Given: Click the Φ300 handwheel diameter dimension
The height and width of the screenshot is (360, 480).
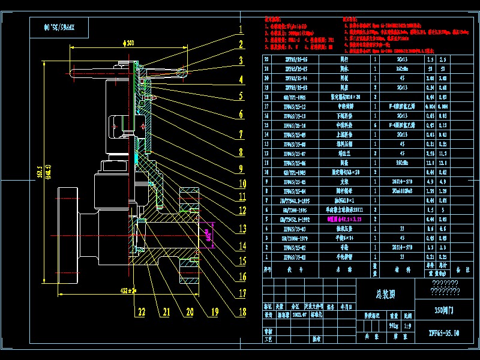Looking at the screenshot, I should pos(128,43).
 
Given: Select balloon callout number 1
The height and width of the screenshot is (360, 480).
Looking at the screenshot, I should pos(240,29).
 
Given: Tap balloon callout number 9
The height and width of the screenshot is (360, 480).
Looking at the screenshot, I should pos(241,169).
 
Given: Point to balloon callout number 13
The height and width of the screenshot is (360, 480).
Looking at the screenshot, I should pos(241,229).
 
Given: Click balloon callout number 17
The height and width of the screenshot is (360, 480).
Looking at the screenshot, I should pos(242,294).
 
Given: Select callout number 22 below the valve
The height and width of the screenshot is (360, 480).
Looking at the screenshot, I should pos(140,312).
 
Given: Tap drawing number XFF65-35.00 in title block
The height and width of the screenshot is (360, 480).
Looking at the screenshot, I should pos(443,332).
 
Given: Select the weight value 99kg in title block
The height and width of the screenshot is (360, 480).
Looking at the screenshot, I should pos(394,325).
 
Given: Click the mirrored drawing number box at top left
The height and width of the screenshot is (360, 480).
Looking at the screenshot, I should pos(58,26).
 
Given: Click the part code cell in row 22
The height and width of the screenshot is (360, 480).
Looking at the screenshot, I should pos(289,59).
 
